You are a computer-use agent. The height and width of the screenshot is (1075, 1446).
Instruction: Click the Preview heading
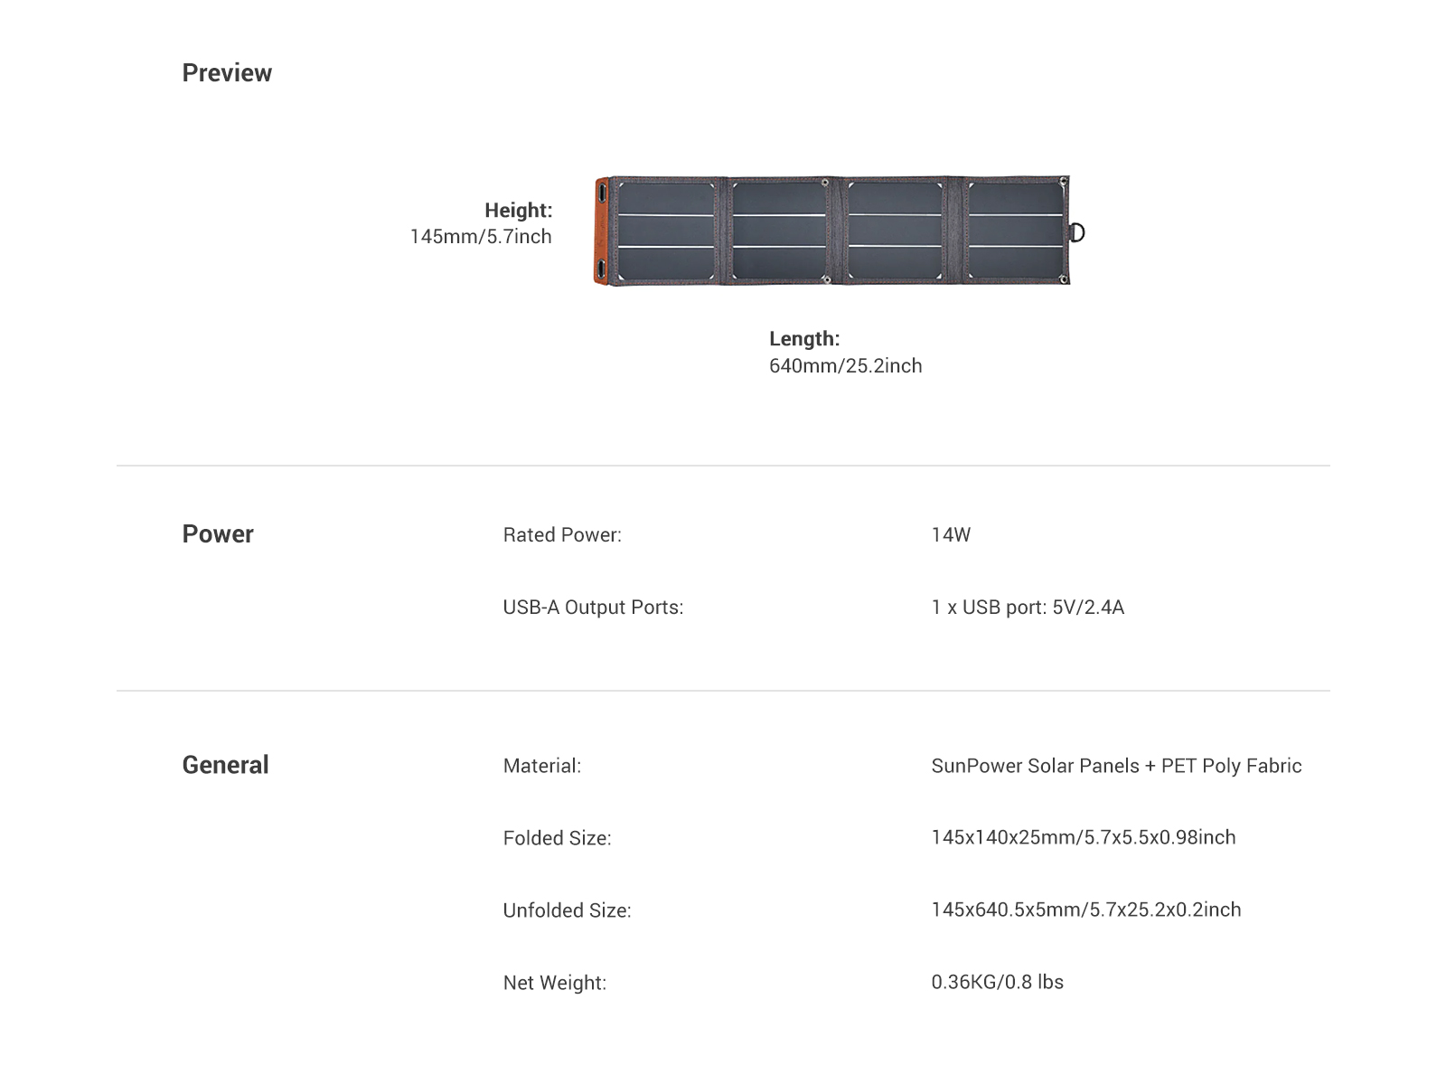227,73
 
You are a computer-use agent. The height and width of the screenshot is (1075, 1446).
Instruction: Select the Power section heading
218,534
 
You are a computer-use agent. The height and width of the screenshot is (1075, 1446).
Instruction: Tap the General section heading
226,765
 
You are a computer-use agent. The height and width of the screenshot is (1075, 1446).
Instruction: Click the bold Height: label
518,210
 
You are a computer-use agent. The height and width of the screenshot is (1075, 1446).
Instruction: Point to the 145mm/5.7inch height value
481,236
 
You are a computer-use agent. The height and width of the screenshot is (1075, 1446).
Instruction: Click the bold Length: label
804,338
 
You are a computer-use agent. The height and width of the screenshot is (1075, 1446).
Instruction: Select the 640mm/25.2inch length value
846,365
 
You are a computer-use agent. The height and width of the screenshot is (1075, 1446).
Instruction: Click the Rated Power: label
563,535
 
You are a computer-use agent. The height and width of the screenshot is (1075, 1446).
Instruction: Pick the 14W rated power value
951,535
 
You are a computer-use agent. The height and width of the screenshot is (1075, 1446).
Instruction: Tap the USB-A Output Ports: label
593,608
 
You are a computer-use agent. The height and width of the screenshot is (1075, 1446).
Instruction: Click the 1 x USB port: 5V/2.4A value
1028,608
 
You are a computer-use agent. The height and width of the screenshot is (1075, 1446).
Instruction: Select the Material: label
542,766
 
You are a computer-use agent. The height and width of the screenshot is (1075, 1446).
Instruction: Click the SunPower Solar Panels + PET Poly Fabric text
1117,766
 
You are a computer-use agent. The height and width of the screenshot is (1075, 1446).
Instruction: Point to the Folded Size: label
558,838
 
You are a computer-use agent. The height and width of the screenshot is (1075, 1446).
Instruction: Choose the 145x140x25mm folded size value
1084,837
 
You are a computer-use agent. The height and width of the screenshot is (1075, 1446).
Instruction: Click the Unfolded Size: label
568,910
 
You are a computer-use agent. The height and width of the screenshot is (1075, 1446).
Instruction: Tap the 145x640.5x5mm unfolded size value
1086,910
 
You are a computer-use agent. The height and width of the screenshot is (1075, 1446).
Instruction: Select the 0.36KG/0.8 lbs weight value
998,983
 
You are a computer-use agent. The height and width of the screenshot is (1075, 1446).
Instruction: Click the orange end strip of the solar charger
601,231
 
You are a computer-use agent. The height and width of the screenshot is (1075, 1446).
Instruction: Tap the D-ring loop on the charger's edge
1077,232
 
